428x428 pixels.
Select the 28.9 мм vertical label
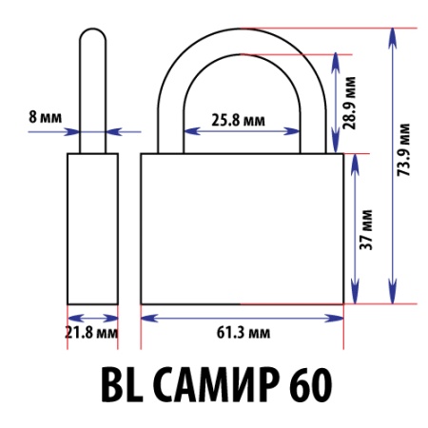[352, 102]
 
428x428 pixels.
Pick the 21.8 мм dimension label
[92, 334]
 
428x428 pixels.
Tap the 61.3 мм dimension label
[241, 333]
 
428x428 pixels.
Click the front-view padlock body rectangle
[242, 228]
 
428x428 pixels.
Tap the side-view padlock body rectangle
[91, 228]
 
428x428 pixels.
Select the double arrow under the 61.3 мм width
[242, 317]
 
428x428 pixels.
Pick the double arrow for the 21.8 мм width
[91, 317]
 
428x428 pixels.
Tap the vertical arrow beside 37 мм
[354, 228]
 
